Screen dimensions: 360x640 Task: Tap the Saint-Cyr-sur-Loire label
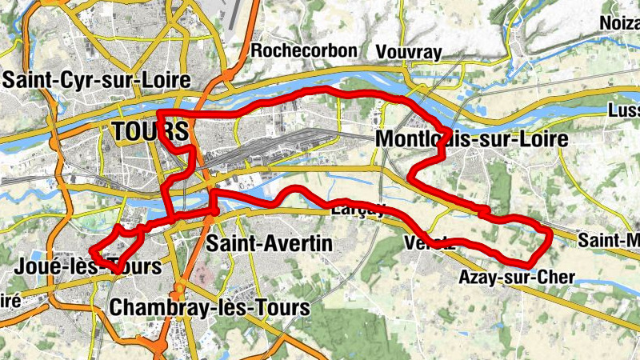coord(97,80)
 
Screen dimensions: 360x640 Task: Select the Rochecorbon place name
coord(303,51)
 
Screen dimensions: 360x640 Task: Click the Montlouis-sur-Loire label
coord(471,140)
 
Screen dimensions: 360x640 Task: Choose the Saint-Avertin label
coord(268,243)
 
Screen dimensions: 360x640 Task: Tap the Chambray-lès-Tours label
coord(210,306)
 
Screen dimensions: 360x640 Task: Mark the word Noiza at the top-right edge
coord(621,24)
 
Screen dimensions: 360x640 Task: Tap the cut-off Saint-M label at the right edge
coord(609,239)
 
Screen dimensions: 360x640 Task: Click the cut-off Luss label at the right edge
coord(623,110)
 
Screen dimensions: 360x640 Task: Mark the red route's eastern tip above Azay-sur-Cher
coord(550,234)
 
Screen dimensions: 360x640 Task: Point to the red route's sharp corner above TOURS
coord(159,114)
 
